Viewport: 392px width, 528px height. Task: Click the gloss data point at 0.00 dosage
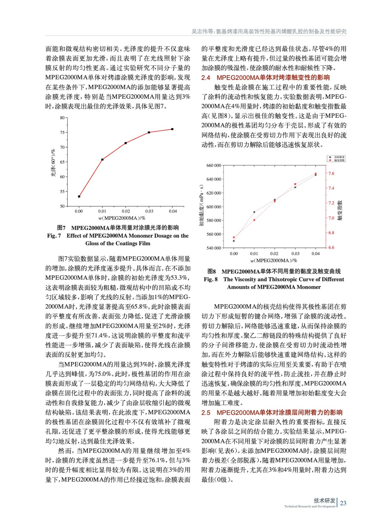pos(79,196)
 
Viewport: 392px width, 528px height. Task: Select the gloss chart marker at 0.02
pos(126,143)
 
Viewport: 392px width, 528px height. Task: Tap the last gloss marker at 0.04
pos(172,129)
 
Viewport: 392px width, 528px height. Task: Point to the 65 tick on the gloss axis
pos(62,162)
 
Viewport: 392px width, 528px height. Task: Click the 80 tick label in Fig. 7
pos(62,118)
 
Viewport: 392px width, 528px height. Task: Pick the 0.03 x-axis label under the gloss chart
pos(149,211)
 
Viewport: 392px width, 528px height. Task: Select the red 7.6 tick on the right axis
pos(331,173)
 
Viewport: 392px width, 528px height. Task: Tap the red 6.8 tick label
pos(331,233)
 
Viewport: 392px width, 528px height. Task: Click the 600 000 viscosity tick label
pos(214,207)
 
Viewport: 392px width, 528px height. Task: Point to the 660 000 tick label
pos(214,166)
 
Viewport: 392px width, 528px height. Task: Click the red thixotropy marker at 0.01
pos(254,220)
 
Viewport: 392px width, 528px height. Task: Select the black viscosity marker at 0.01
pos(254,212)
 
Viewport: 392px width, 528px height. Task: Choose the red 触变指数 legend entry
pos(337,160)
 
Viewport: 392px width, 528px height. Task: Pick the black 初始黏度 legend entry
pos(337,157)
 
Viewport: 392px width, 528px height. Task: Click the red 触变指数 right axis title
pos(340,210)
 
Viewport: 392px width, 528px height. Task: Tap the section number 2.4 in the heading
pos(206,78)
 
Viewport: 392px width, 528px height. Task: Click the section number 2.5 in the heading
pos(206,412)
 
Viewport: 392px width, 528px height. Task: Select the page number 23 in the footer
pos(343,503)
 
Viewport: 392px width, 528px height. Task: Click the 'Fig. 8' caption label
pos(211,279)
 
